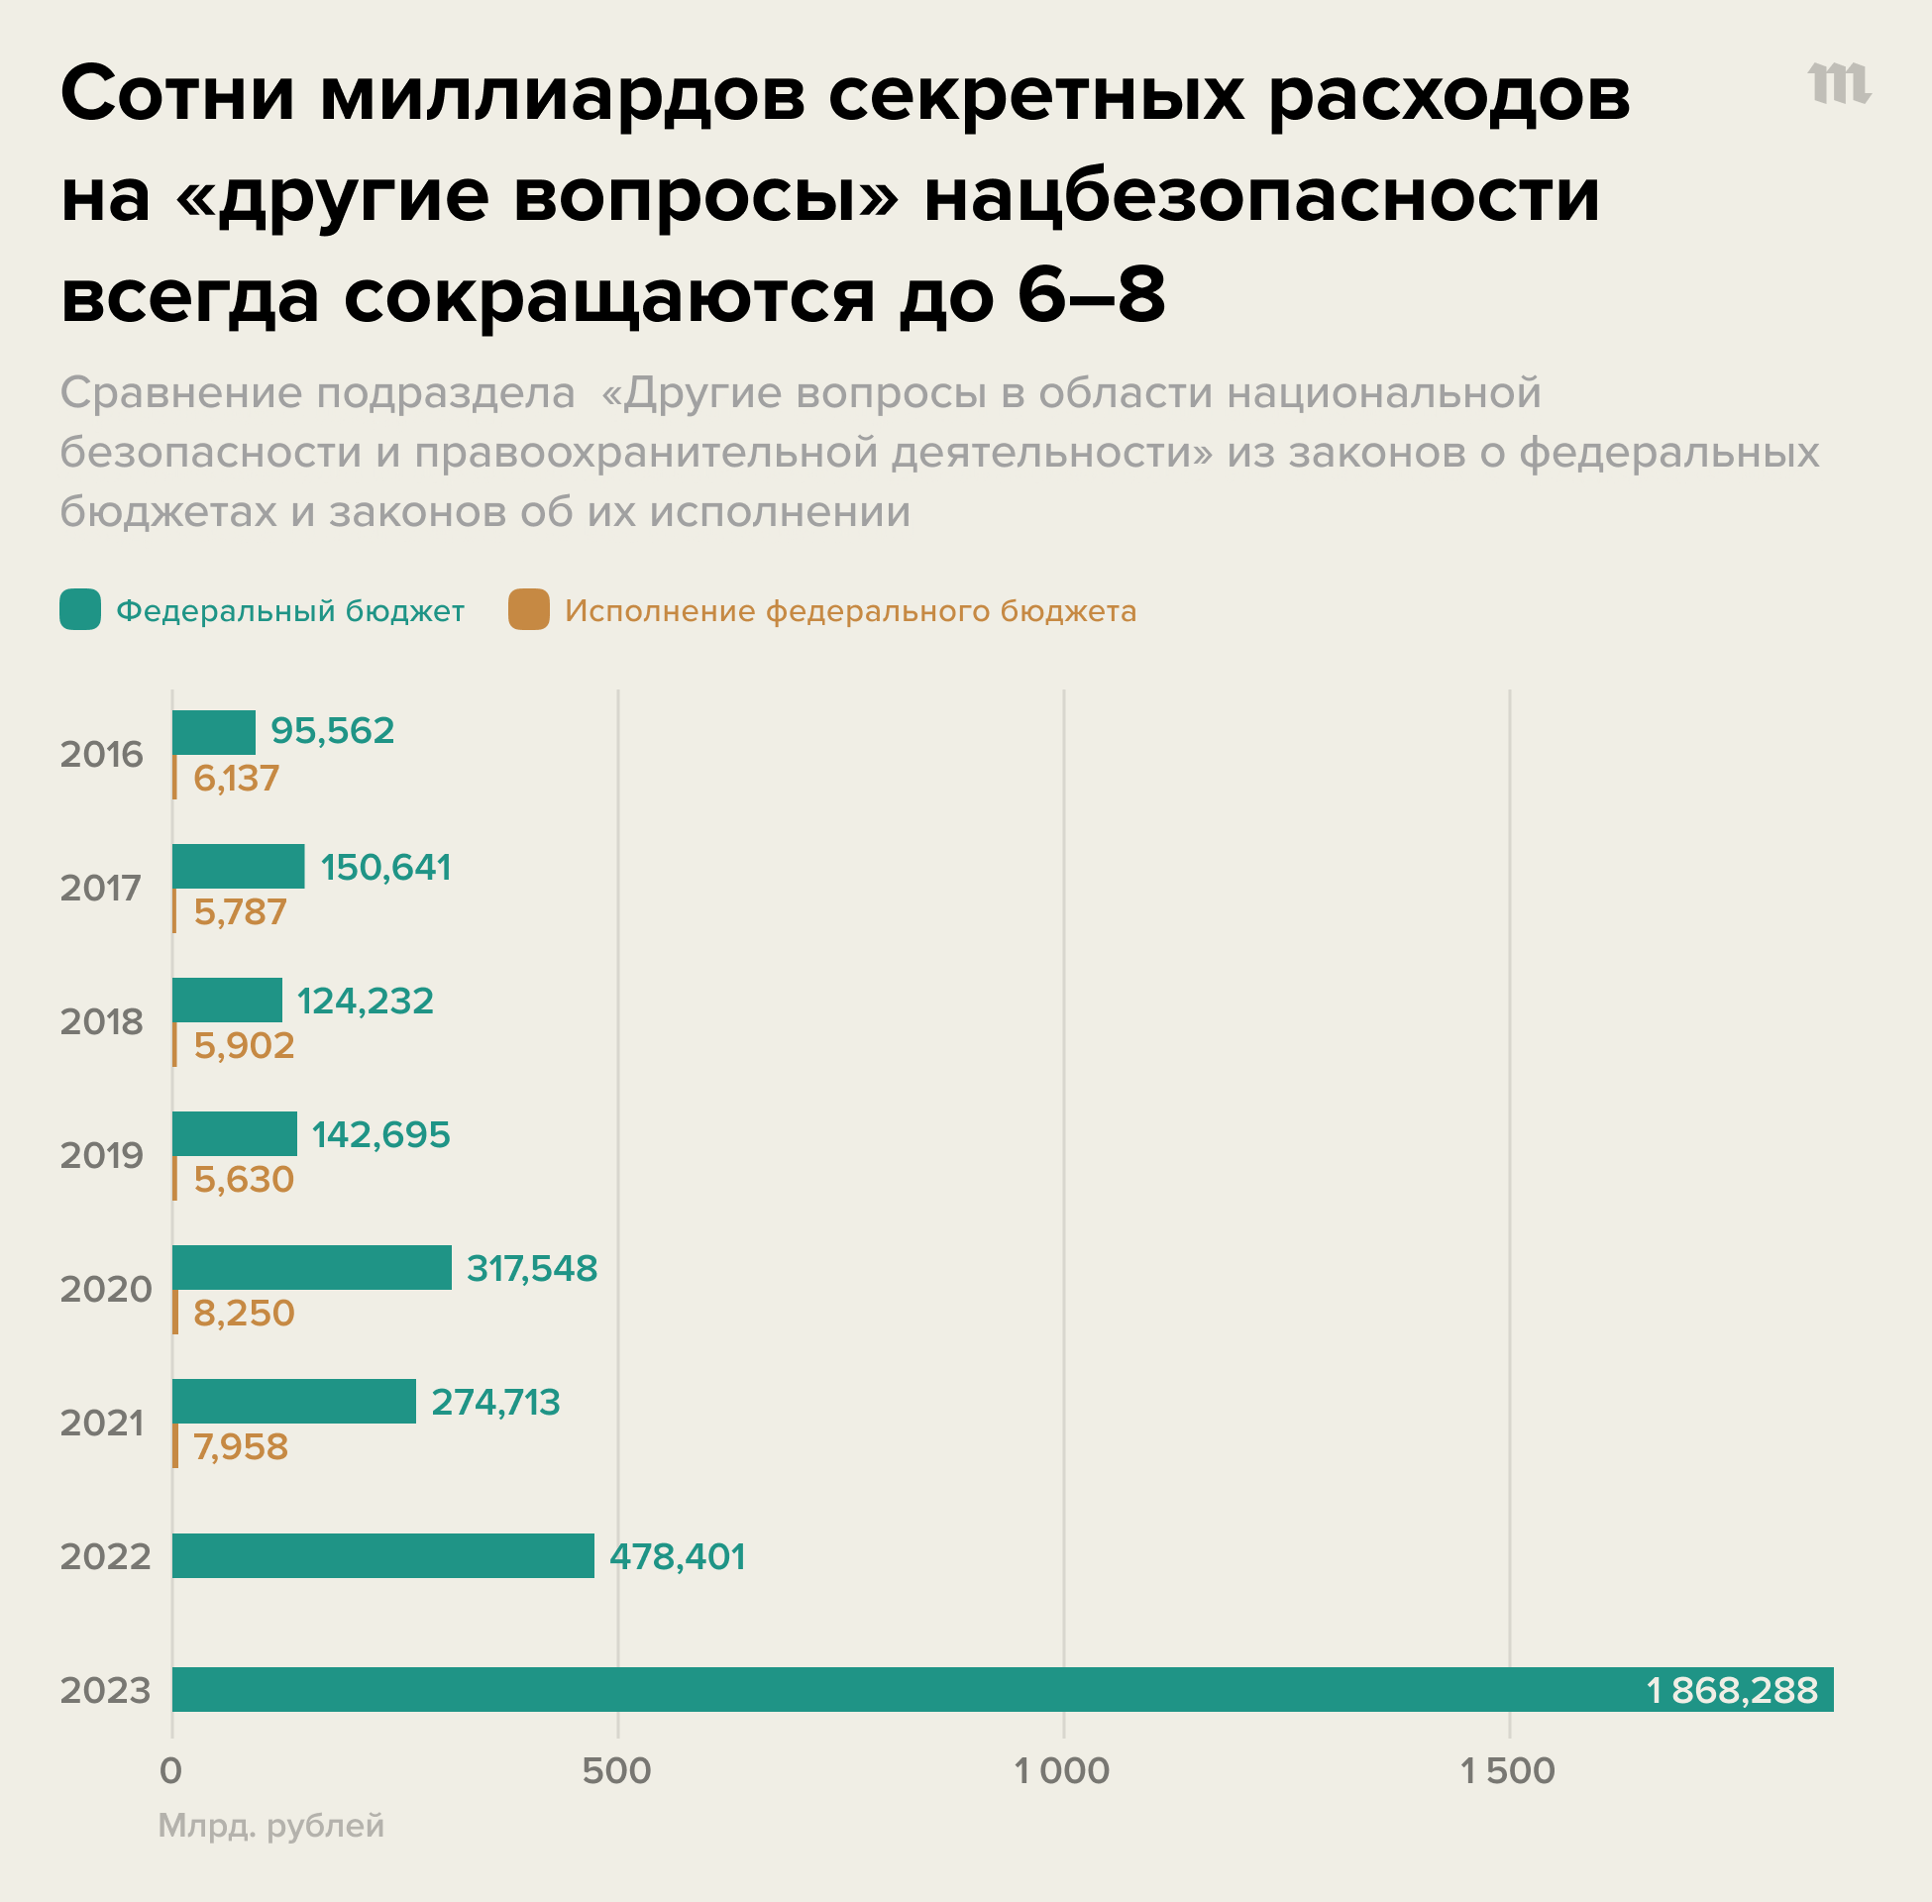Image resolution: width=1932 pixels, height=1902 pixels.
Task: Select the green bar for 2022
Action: click(x=382, y=1555)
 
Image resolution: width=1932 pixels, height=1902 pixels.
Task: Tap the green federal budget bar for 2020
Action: click(x=312, y=1267)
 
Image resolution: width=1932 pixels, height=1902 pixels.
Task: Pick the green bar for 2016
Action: click(x=214, y=732)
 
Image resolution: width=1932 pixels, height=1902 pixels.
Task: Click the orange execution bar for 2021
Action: click(x=175, y=1445)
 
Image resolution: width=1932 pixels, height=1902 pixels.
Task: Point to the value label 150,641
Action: click(x=385, y=867)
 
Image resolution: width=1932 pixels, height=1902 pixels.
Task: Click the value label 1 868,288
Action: click(x=1731, y=1690)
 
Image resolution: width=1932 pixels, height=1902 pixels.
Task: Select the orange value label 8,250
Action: click(x=244, y=1313)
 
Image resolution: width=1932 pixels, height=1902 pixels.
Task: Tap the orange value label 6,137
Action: click(x=236, y=779)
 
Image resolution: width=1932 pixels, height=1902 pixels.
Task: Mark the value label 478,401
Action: click(x=678, y=1556)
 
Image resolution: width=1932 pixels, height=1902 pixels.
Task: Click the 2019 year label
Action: click(x=102, y=1156)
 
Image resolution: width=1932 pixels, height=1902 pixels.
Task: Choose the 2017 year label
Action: click(x=102, y=888)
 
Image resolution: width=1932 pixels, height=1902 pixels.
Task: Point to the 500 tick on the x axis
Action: click(x=616, y=1771)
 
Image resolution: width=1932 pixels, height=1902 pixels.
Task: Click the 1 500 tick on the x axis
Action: click(x=1507, y=1771)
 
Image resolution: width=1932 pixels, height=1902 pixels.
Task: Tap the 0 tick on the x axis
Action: click(x=170, y=1771)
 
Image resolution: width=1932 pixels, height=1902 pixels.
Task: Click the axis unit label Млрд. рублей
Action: click(x=270, y=1825)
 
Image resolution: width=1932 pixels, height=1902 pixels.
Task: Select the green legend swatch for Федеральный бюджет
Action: click(x=80, y=609)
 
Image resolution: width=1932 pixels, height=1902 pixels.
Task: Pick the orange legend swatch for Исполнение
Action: click(x=528, y=609)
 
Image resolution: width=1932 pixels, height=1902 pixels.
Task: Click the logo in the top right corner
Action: click(x=1838, y=84)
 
